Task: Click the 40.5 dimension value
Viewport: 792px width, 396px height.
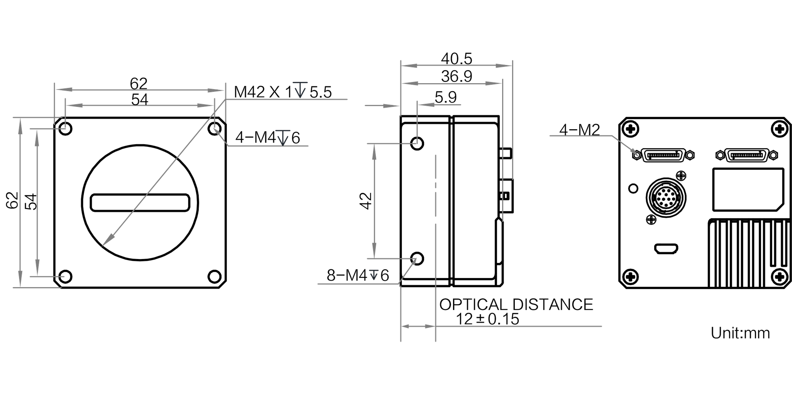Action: click(457, 59)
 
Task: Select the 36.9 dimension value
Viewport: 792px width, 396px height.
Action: click(457, 76)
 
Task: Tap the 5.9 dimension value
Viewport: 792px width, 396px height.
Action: click(445, 97)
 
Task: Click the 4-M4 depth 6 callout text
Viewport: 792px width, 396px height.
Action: click(268, 138)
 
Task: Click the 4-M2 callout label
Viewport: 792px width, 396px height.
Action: click(580, 129)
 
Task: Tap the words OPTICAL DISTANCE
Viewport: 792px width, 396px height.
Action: click(516, 305)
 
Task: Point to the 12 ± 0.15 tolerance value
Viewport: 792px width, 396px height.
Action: click(487, 319)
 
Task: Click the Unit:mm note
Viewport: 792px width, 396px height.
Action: click(740, 333)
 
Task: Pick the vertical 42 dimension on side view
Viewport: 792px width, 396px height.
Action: click(366, 201)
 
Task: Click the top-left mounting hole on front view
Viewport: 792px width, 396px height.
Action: click(65, 128)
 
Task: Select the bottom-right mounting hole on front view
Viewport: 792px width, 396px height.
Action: click(215, 276)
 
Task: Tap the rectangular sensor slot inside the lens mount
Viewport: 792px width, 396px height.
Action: click(140, 203)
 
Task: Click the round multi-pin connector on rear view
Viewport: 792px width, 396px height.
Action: click(666, 197)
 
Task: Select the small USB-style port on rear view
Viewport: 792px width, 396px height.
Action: click(666, 249)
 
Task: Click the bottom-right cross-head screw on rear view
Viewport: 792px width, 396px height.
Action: click(780, 276)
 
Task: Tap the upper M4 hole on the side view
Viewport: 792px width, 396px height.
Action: click(417, 143)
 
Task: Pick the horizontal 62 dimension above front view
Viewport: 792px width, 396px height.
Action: click(139, 84)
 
